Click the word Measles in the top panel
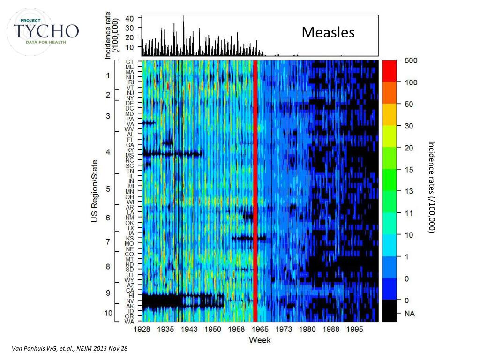point(328,32)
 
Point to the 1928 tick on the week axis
point(142,330)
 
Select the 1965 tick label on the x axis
point(261,330)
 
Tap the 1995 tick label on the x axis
point(355,330)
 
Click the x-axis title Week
point(259,340)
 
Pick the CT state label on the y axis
point(130,61)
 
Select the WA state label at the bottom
point(130,321)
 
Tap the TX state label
point(130,228)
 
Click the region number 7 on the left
point(108,242)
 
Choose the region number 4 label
point(108,152)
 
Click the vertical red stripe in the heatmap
point(255,187)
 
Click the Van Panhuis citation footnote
point(69,349)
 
